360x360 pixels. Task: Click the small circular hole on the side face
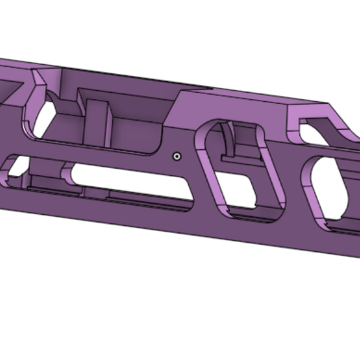177,156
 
